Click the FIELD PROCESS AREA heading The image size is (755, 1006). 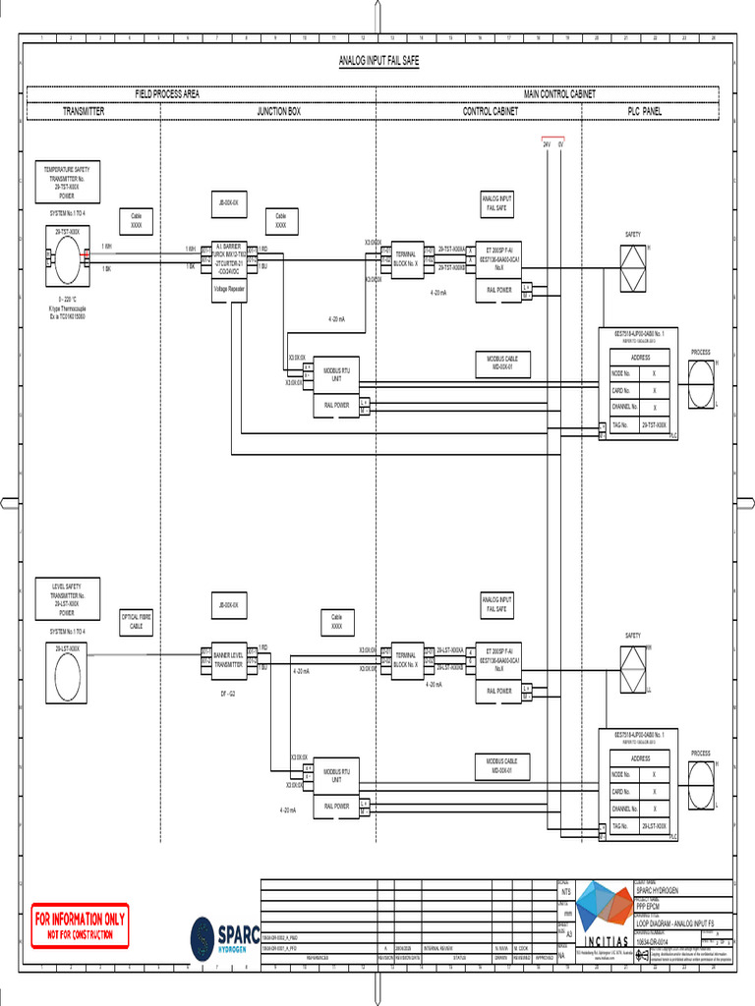[x=167, y=94]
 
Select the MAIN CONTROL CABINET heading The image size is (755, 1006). [x=559, y=94]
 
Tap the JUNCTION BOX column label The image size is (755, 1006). [x=279, y=112]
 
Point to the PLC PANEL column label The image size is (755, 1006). [x=645, y=112]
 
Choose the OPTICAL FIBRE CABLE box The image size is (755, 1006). [x=137, y=621]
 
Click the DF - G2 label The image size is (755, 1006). [x=227, y=693]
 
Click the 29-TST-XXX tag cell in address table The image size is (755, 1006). [x=654, y=424]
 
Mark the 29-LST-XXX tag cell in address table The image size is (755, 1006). [x=654, y=826]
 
